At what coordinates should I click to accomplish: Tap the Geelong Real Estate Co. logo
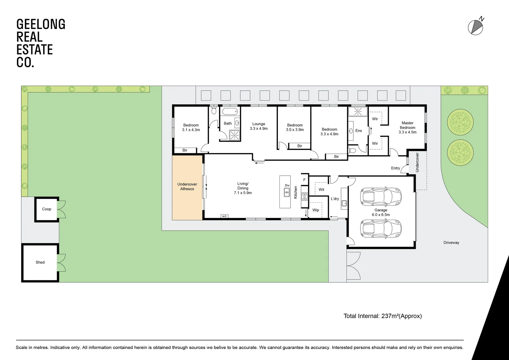coord(41,43)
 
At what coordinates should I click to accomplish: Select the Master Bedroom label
coord(407,128)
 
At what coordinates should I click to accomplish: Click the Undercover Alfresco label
coord(187,187)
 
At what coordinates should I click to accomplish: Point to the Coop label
coord(47,209)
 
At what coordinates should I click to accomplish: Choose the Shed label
coord(40,262)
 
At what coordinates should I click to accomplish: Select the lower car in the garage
coord(381,229)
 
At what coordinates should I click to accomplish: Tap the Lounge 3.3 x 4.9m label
coord(259,126)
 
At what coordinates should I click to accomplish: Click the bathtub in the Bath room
coord(230,112)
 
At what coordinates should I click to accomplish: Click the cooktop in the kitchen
coord(304,196)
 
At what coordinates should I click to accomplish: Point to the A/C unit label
coord(224,216)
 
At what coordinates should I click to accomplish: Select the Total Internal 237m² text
coord(382,316)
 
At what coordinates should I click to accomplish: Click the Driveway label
coord(451,243)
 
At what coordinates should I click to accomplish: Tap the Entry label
coord(395,168)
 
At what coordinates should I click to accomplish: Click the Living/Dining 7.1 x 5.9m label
coord(243,188)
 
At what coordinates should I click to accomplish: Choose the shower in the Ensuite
coord(357,111)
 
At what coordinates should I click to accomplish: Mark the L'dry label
coord(335,199)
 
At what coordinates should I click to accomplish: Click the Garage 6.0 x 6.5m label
coord(381,212)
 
